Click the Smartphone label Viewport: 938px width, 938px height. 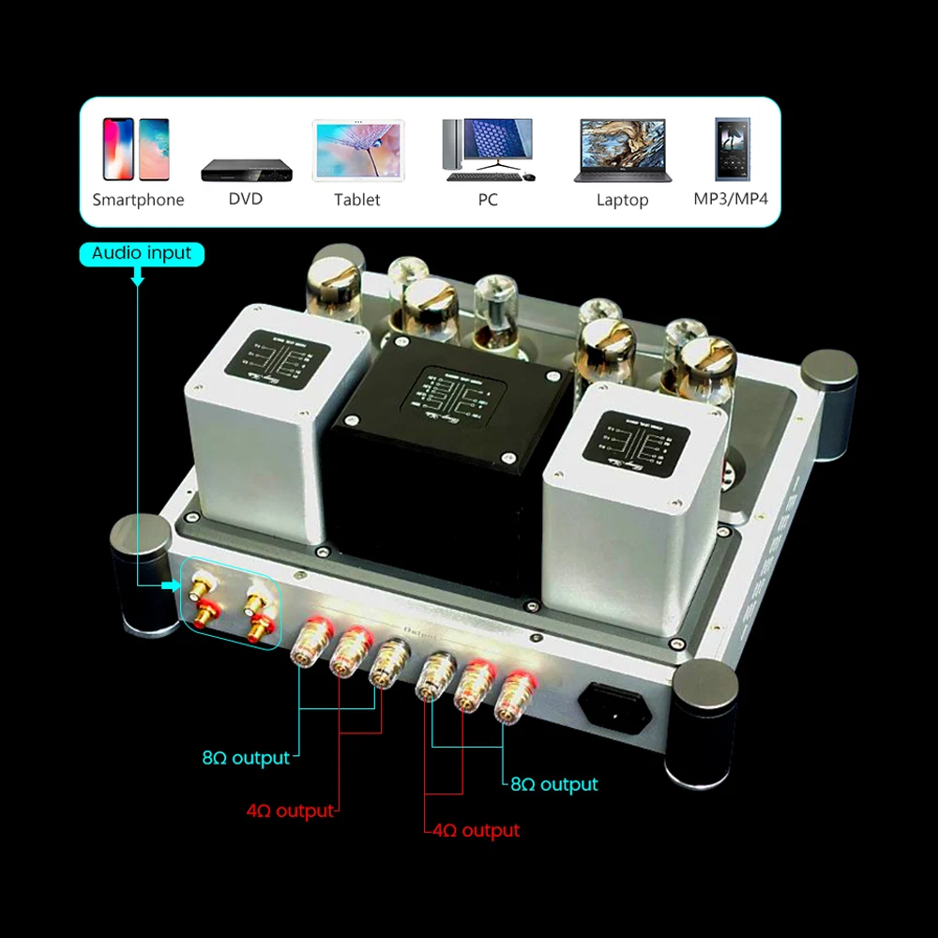[138, 200]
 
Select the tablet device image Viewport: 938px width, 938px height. [357, 150]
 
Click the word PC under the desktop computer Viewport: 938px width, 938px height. [488, 200]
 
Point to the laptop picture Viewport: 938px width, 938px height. [622, 150]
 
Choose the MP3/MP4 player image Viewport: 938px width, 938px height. [732, 149]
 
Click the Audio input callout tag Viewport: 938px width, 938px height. [142, 253]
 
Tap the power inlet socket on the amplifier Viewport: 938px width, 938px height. [613, 705]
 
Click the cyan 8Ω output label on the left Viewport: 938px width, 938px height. [246, 758]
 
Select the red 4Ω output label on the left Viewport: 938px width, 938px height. [290, 810]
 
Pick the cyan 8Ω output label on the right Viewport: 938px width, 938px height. [553, 784]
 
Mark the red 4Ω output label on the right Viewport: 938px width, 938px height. [476, 830]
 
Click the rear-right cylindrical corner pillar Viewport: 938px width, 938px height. [829, 403]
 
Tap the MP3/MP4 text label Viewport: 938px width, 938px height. [731, 199]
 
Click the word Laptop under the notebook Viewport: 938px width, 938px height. [622, 200]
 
